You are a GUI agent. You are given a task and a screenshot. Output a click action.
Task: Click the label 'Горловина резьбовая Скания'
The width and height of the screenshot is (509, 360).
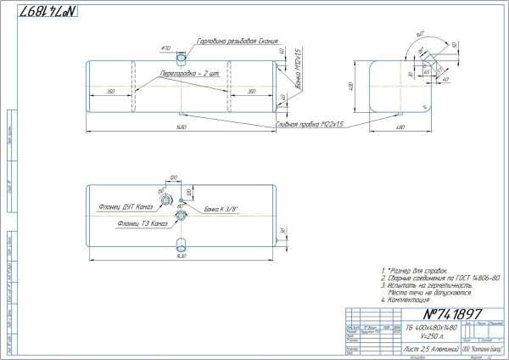[x=237, y=40]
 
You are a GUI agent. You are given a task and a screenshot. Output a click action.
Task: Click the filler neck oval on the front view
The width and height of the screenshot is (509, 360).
[x=181, y=59]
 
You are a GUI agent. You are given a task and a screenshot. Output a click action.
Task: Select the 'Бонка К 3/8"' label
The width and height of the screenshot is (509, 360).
[x=221, y=208]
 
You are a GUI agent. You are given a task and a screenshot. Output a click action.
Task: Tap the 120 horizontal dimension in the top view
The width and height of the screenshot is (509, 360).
[x=173, y=177]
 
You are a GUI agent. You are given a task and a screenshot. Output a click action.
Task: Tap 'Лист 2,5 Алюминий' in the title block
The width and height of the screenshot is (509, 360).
[x=429, y=349]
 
